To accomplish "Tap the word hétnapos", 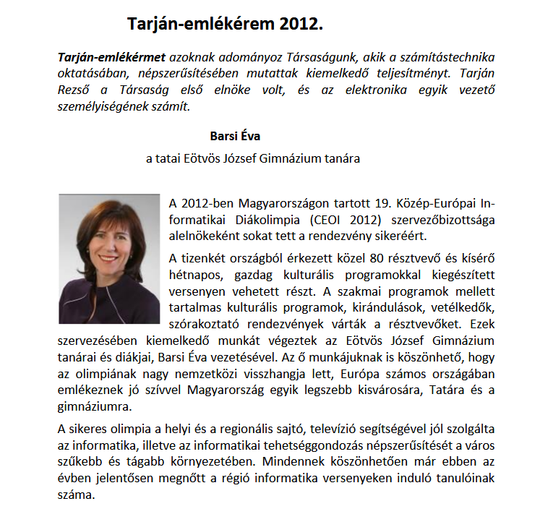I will (192, 275).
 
